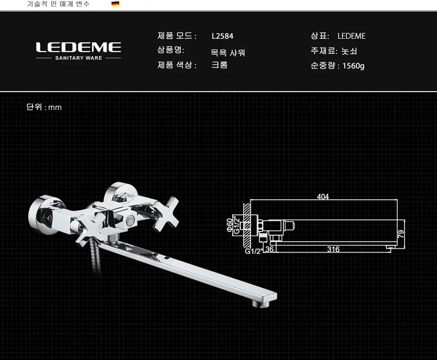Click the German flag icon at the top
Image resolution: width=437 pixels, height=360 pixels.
tap(115, 4)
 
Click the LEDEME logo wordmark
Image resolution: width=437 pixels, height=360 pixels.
tap(79, 47)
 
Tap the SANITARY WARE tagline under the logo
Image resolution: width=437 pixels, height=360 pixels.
tap(79, 58)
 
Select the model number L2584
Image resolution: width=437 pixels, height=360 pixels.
tap(223, 36)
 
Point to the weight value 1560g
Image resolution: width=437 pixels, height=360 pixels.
tap(353, 66)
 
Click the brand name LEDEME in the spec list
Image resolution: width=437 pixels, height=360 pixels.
tap(351, 36)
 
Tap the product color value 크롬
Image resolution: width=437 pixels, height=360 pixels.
tap(219, 65)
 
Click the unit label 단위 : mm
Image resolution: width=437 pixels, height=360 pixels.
tap(44, 107)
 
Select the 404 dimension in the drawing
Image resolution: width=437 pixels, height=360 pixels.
tap(323, 196)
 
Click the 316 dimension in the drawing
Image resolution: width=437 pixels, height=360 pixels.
tap(333, 249)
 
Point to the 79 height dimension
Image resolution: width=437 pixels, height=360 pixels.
tap(401, 234)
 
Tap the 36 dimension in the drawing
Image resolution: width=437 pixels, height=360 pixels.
tap(269, 249)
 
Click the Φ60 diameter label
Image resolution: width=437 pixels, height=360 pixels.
tap(229, 225)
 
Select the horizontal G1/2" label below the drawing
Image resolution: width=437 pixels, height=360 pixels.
tap(253, 251)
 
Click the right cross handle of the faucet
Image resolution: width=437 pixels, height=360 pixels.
tap(166, 214)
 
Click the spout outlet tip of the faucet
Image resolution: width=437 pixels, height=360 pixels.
tap(260, 303)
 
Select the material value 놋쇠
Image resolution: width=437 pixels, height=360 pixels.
tap(349, 51)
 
